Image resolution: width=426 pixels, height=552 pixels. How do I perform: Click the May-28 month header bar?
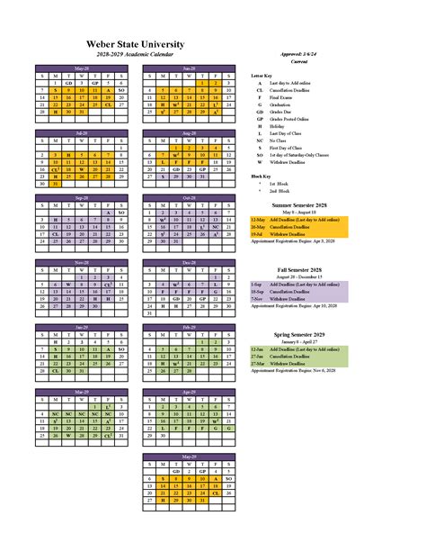click(83, 68)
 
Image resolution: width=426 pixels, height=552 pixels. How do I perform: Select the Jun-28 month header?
click(189, 68)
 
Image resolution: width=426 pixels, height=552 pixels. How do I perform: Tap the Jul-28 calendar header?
click(83, 133)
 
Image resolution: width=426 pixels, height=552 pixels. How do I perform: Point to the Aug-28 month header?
click(189, 133)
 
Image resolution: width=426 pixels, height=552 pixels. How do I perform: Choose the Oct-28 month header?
click(189, 198)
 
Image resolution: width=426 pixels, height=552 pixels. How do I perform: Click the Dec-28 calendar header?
click(189, 262)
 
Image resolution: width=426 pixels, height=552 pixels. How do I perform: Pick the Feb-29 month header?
click(189, 327)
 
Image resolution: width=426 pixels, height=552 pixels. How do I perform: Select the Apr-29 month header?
click(189, 392)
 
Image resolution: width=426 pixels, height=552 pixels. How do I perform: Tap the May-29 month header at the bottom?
click(189, 457)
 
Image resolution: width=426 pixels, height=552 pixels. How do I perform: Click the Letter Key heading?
click(262, 77)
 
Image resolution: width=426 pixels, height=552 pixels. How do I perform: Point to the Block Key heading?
click(261, 176)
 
